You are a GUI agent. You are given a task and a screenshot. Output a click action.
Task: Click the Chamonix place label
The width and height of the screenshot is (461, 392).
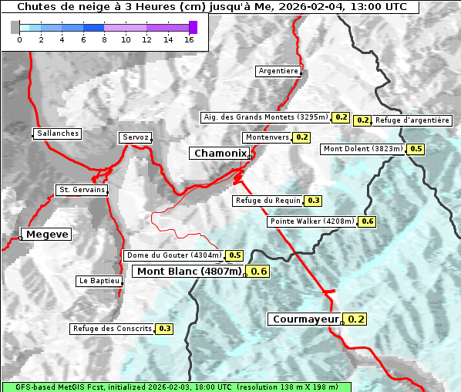coord(220,154)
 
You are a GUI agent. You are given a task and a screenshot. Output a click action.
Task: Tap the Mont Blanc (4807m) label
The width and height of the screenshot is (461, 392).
coord(189,271)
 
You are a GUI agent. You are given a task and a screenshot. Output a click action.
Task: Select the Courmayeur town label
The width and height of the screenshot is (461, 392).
coord(305,319)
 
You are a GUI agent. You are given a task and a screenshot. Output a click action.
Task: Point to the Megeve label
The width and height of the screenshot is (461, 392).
coord(46,234)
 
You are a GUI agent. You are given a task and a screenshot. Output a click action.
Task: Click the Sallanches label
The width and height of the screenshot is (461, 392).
coord(58,133)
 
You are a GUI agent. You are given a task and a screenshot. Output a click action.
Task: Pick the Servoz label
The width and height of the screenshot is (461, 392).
coord(136,137)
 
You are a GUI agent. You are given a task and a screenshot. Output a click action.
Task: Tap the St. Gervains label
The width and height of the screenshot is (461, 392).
coord(82,190)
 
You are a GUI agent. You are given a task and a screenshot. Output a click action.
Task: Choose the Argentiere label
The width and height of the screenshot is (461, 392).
coord(278,71)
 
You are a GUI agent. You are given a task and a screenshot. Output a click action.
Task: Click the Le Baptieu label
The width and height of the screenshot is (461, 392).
coord(99,281)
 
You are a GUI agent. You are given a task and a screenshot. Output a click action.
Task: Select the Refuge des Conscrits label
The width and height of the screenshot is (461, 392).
coord(113,329)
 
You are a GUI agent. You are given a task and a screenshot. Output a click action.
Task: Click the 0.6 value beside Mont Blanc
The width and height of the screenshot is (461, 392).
coord(259,271)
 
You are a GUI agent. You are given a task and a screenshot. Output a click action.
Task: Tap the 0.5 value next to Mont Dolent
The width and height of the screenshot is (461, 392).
coord(416,149)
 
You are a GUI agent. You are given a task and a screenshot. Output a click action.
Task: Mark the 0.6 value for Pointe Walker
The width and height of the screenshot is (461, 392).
coord(367,221)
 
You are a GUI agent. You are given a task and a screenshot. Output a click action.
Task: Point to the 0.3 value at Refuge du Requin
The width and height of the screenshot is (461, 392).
coord(313,201)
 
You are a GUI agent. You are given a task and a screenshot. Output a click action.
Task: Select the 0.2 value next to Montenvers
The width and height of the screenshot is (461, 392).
coord(301,137)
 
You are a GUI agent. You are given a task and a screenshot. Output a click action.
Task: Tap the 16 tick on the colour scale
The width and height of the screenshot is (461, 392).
coord(189,39)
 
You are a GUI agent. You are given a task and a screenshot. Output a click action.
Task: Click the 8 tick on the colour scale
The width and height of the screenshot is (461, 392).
coord(104,39)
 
